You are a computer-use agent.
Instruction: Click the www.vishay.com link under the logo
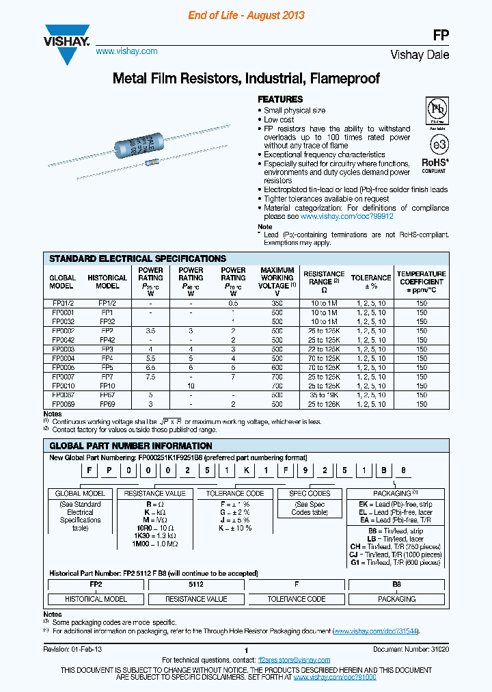(126, 51)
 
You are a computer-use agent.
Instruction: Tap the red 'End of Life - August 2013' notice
(246, 15)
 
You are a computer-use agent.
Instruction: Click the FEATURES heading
(279, 99)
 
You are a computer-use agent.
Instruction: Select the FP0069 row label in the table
(62, 404)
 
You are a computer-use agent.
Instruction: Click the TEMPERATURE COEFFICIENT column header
(421, 282)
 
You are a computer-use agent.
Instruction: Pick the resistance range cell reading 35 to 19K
(324, 395)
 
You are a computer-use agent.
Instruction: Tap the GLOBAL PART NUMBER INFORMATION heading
(131, 446)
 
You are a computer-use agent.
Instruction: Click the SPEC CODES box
(310, 493)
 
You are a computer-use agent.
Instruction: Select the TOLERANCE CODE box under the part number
(234, 493)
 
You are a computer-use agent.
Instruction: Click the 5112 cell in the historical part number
(197, 585)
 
